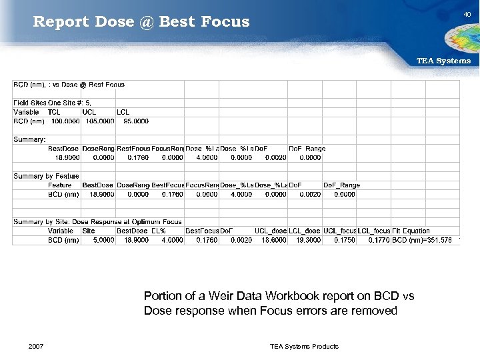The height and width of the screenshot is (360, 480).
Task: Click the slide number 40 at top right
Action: pyautogui.click(x=467, y=14)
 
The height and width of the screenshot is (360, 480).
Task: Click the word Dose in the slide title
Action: pyautogui.click(x=115, y=21)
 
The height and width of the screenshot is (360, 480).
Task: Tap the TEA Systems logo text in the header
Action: pyautogui.click(x=443, y=61)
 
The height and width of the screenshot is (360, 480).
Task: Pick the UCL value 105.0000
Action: pyautogui.click(x=97, y=121)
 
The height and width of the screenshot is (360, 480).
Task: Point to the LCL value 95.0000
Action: pyautogui.click(x=133, y=121)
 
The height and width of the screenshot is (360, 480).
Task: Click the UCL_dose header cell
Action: pyautogui.click(x=271, y=231)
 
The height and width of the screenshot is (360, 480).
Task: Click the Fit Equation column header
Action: pyautogui.click(x=411, y=231)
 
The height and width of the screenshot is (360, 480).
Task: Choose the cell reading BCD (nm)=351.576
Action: pyautogui.click(x=422, y=240)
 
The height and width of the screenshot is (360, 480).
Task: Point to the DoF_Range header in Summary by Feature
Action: pyautogui.click(x=341, y=185)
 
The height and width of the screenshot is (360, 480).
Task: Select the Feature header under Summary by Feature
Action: pyautogui.click(x=60, y=185)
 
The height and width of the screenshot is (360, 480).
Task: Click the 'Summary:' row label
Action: pyautogui.click(x=27, y=139)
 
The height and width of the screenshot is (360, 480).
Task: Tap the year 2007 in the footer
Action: pyautogui.click(x=37, y=346)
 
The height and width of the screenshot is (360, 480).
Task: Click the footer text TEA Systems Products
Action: pyautogui.click(x=304, y=346)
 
